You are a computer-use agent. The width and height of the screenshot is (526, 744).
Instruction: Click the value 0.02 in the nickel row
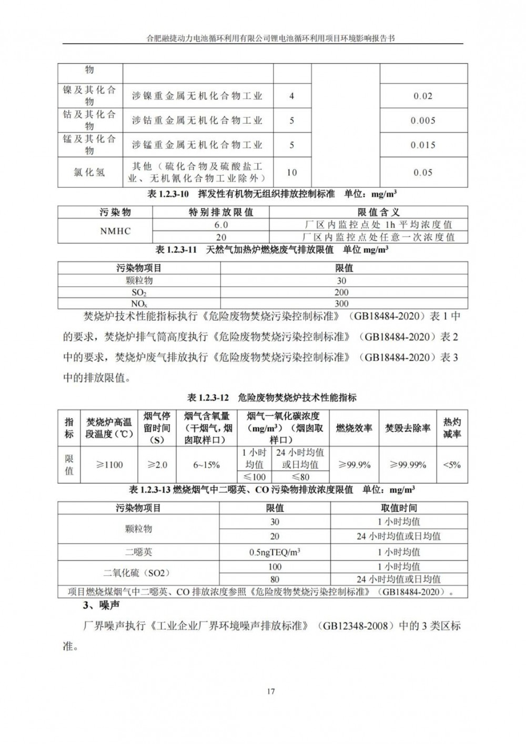[423, 96]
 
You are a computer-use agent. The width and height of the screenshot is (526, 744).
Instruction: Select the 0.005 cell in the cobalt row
[423, 120]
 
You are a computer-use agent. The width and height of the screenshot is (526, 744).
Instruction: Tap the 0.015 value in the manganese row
[423, 145]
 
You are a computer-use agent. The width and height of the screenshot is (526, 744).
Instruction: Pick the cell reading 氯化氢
[89, 172]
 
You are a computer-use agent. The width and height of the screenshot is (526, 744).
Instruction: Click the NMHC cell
[115, 231]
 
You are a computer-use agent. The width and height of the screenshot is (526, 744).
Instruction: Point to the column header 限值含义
[379, 213]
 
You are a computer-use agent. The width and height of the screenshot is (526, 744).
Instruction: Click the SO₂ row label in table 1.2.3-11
[139, 293]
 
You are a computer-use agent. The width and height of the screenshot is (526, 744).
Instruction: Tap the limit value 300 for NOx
[341, 304]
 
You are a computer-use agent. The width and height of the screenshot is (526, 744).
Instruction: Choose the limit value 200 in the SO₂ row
[341, 293]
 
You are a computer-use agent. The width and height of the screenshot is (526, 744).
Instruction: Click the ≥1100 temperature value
[109, 465]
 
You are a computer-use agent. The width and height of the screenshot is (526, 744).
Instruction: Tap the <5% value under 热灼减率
[452, 465]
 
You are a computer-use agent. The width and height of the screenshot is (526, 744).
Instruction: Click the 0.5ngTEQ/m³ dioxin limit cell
[275, 552]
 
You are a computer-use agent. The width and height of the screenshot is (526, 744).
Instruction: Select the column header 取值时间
[399, 508]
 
